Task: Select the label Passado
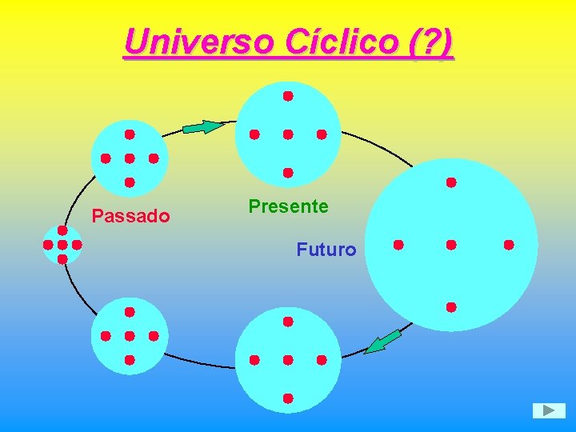pyautogui.click(x=130, y=216)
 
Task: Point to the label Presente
pyautogui.click(x=288, y=206)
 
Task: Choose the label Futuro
pyautogui.click(x=326, y=250)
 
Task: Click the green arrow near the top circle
pyautogui.click(x=203, y=126)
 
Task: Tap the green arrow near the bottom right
pyautogui.click(x=382, y=341)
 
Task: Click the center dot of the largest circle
pyautogui.click(x=451, y=244)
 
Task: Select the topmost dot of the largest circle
pyautogui.click(x=451, y=182)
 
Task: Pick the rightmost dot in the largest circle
pyautogui.click(x=509, y=244)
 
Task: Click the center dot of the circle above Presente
pyautogui.click(x=288, y=134)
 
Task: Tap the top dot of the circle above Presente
pyautogui.click(x=288, y=96)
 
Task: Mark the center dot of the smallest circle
pyautogui.click(x=62, y=244)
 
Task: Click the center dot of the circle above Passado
pyautogui.click(x=130, y=158)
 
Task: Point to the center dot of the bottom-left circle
pyautogui.click(x=130, y=336)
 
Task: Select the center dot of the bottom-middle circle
pyautogui.click(x=288, y=360)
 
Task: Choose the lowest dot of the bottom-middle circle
pyautogui.click(x=288, y=398)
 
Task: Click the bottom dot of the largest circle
pyautogui.click(x=451, y=306)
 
